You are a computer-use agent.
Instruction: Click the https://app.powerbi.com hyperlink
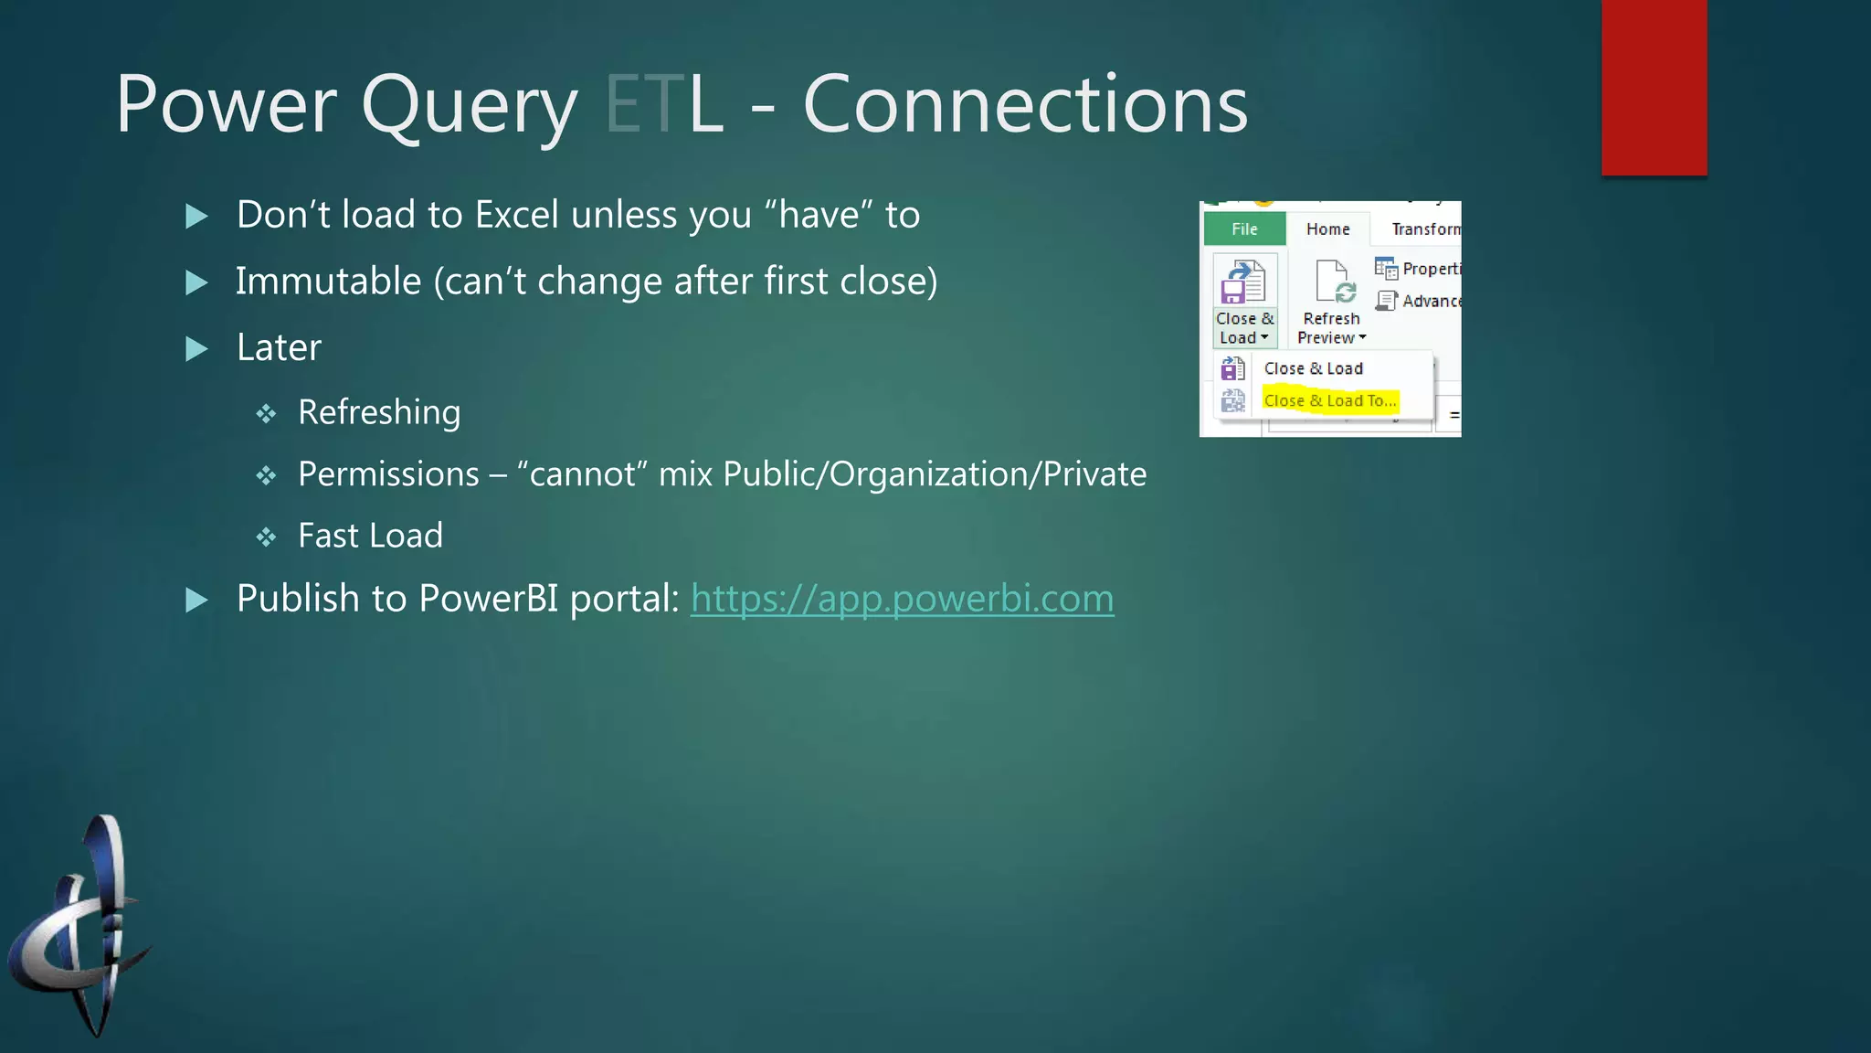(x=902, y=599)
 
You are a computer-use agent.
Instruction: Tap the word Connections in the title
(x=1024, y=104)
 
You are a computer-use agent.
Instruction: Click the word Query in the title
(x=470, y=106)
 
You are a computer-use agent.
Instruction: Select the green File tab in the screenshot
(x=1244, y=229)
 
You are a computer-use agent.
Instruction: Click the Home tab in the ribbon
(x=1327, y=229)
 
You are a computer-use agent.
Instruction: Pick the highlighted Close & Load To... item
(x=1329, y=400)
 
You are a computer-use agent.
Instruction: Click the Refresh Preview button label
(x=1331, y=327)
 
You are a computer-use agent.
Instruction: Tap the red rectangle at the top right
(x=1654, y=87)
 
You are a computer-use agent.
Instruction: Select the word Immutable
(x=328, y=282)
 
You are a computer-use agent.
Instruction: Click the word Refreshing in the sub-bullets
(x=379, y=412)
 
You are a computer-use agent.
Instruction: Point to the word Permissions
(x=388, y=474)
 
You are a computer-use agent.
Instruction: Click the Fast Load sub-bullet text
(x=370, y=536)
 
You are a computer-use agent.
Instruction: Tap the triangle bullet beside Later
(x=196, y=348)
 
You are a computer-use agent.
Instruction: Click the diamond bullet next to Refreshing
(x=266, y=414)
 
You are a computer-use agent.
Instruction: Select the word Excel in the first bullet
(x=516, y=215)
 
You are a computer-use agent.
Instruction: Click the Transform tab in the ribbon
(x=1425, y=229)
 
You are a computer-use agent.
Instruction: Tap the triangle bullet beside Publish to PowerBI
(x=196, y=600)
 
